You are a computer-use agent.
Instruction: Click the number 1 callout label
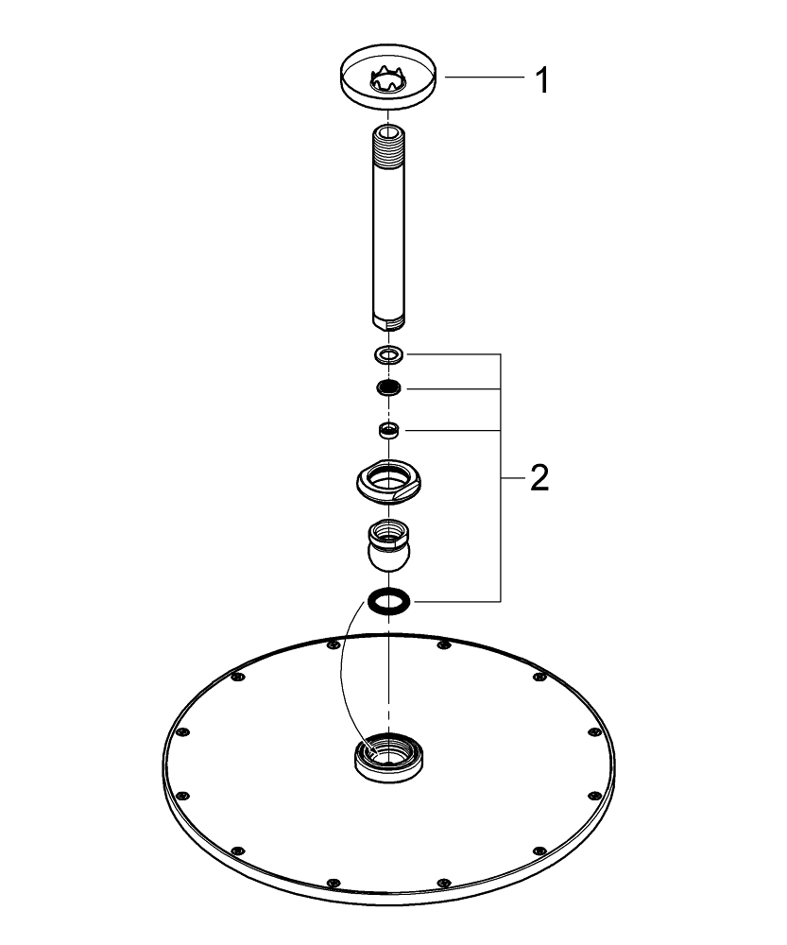[x=540, y=79]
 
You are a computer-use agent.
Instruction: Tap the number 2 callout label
[x=539, y=479]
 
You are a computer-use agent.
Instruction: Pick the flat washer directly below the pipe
[x=388, y=355]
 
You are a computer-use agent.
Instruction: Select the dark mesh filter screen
[x=388, y=387]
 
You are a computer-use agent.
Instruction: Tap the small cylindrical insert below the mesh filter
[x=387, y=431]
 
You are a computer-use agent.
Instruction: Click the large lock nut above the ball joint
[x=388, y=481]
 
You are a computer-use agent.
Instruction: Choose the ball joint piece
[x=388, y=547]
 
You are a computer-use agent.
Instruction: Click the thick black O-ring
[x=388, y=599]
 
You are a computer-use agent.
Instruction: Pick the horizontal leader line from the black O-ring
[x=453, y=600]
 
